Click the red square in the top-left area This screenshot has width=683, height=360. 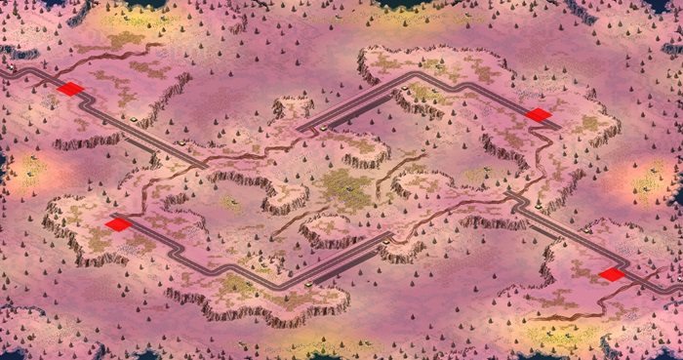click(70, 89)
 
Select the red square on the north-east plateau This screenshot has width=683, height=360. click(539, 115)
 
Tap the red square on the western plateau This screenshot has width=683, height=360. click(118, 224)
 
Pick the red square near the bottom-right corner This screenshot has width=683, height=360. click(612, 274)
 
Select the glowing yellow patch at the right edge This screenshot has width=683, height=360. click(649, 180)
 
